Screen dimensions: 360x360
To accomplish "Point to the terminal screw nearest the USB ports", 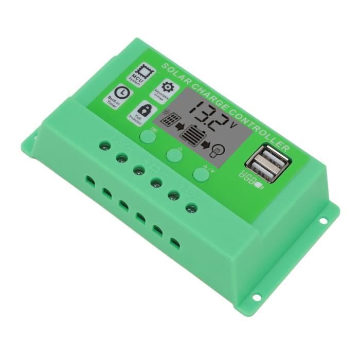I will [x=192, y=208].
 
